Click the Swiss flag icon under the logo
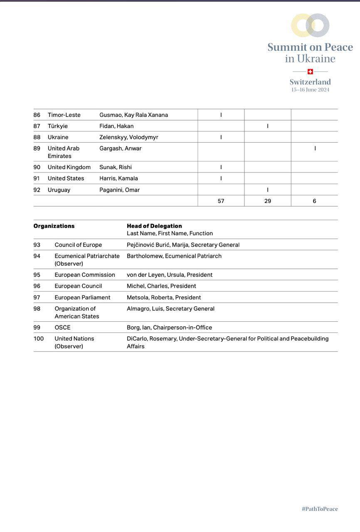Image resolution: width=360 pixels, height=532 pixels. point(310,71)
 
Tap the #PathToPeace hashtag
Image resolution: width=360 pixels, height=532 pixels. point(320,509)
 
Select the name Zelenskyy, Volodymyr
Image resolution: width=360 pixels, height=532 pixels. point(128,137)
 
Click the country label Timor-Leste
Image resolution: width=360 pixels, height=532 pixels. point(64,115)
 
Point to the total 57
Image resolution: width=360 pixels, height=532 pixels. point(221,201)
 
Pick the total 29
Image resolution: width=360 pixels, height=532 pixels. point(268,201)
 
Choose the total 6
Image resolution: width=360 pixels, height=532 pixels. point(314,201)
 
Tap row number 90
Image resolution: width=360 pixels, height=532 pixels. point(37,167)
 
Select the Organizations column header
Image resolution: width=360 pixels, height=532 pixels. point(54,226)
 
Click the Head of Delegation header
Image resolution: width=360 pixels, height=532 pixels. point(154,226)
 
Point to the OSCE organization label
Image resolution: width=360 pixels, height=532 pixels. point(62,328)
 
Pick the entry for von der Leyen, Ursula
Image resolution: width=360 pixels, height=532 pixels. point(170,275)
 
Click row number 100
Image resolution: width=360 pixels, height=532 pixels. point(39,339)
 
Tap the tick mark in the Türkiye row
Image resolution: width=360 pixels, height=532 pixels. point(268,126)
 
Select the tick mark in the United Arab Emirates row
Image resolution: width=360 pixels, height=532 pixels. point(315,148)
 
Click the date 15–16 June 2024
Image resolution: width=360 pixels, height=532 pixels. point(310,90)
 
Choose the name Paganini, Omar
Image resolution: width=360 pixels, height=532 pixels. point(119,190)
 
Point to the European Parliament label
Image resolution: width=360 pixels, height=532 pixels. point(82,298)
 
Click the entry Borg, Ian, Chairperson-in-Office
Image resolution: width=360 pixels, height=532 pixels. point(169,328)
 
